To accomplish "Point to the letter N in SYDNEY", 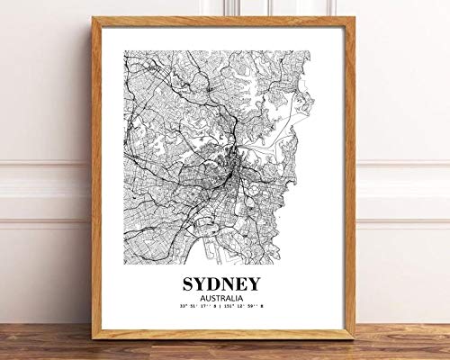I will point(236,283).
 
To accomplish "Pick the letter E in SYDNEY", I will point(249,283).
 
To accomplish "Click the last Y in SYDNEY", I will point(263,283).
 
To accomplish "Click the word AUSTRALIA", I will point(226,299).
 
